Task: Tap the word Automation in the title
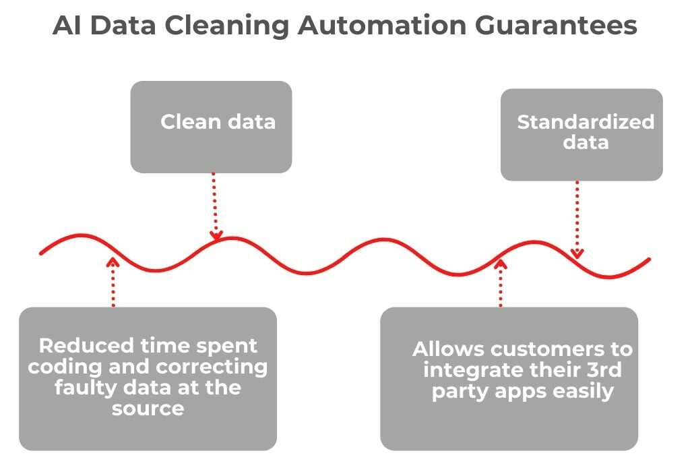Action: (x=382, y=25)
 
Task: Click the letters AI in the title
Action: (x=67, y=25)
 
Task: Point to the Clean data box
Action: (x=211, y=127)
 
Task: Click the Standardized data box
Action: (x=582, y=135)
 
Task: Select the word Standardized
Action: (x=586, y=122)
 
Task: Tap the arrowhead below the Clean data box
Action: (x=216, y=235)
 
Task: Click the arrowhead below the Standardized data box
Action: (x=577, y=254)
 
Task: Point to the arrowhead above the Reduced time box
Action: (x=113, y=262)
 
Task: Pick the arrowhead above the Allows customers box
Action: (x=501, y=264)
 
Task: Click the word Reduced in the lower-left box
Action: (x=86, y=346)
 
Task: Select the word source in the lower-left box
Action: (x=148, y=409)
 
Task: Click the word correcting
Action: (x=211, y=367)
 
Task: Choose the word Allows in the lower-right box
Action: (x=449, y=349)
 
